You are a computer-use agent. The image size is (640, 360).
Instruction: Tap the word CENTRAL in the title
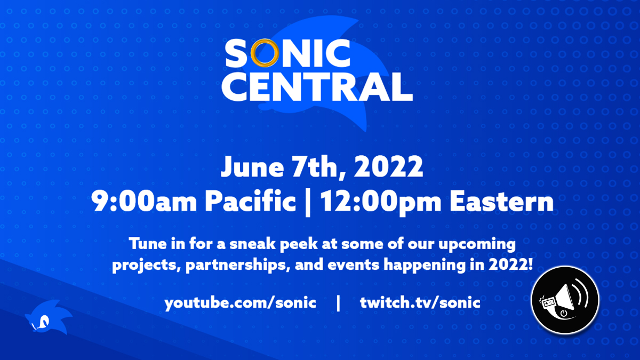point(317,87)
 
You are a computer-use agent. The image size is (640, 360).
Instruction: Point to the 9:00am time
point(143,202)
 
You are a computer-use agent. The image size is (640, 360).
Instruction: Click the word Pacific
point(250,201)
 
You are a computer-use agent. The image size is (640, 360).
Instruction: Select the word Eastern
point(502,202)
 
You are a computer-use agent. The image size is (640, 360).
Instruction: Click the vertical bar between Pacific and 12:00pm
point(308,203)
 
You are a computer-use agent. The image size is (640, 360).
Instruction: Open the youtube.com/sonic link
point(241,303)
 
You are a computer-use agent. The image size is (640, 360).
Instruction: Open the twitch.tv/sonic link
point(420,302)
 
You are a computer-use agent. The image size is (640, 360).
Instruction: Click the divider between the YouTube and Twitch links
point(338,303)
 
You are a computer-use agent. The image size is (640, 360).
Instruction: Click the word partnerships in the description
point(236,266)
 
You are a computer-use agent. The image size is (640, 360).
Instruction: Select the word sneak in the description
point(252,244)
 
